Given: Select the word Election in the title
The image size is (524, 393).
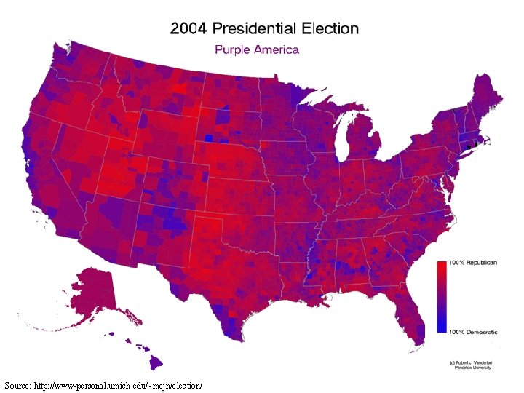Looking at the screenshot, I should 330,29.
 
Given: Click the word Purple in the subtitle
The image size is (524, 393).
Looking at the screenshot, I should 231,49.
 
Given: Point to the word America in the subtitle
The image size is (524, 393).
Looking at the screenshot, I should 274,49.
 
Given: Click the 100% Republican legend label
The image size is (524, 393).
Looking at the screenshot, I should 473,262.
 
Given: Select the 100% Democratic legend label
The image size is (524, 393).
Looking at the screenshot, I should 473,332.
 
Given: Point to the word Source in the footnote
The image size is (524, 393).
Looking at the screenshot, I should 17,384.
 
